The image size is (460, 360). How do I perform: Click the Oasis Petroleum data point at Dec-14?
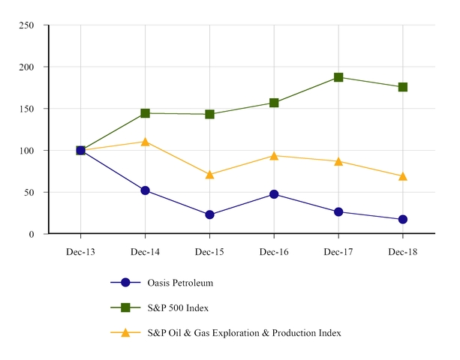(145, 190)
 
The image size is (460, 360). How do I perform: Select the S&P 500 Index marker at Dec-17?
(338, 77)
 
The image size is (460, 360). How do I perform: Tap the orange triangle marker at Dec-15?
(209, 175)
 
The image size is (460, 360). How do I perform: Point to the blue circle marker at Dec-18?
(403, 219)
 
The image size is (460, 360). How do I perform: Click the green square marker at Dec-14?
(145, 113)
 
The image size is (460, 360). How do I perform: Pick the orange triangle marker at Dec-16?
(274, 156)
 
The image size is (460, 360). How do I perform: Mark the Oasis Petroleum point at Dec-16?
(274, 194)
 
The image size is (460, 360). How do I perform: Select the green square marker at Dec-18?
(403, 87)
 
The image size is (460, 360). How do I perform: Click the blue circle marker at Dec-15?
(209, 214)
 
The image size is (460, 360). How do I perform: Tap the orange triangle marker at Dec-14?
(145, 142)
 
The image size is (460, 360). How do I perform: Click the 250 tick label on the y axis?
(26, 25)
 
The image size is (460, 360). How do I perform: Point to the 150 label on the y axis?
(26, 109)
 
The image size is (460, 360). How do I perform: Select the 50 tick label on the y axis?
(29, 193)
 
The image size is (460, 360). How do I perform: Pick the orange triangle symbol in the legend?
(125, 332)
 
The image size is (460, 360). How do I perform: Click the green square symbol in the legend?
(125, 307)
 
